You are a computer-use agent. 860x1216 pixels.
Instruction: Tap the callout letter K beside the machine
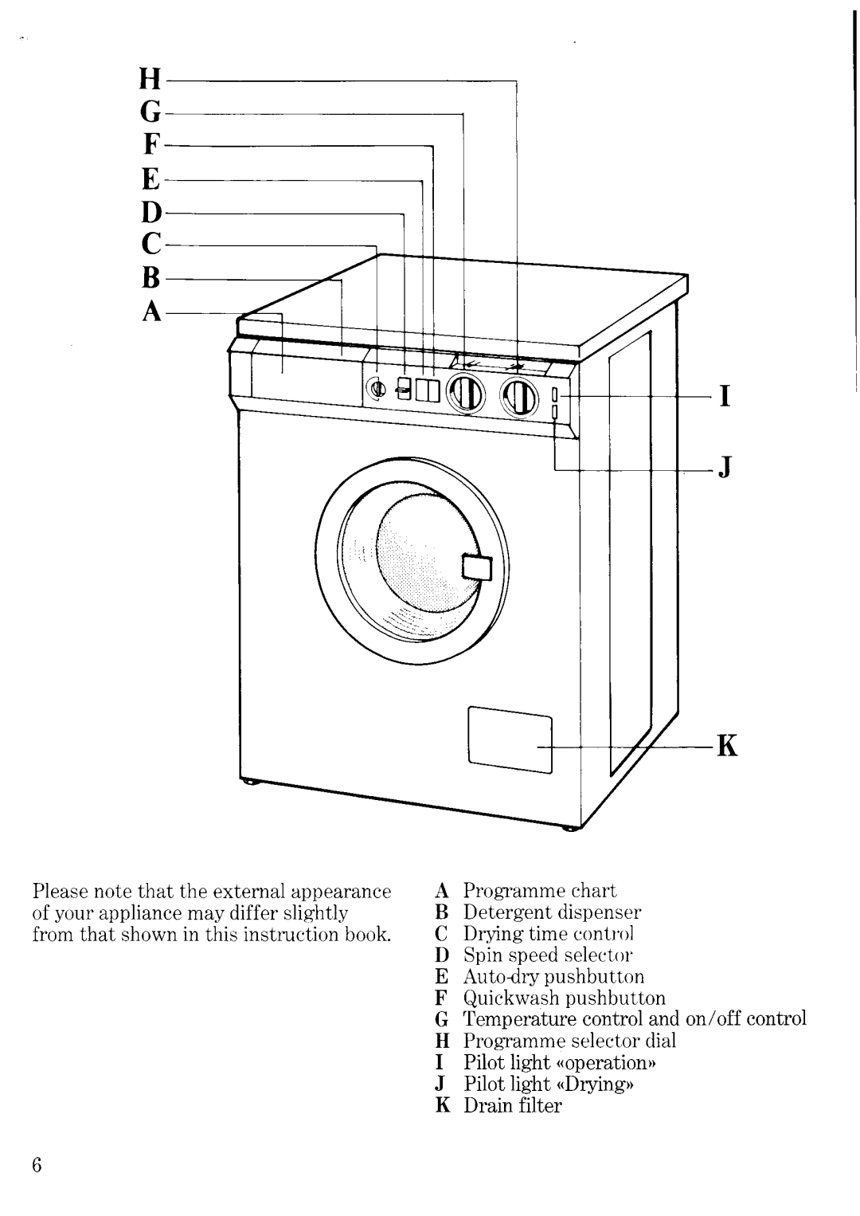(x=728, y=748)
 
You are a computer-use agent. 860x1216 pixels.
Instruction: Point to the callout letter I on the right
(x=725, y=396)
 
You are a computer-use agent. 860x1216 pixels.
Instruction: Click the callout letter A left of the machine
(x=153, y=313)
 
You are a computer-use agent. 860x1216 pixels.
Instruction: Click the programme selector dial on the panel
(x=518, y=396)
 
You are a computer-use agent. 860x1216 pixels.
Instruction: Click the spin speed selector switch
(x=404, y=388)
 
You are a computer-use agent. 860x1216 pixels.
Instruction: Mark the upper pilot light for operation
(x=554, y=394)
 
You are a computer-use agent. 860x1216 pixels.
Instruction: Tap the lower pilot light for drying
(x=554, y=411)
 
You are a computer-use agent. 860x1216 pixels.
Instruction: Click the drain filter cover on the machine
(x=510, y=739)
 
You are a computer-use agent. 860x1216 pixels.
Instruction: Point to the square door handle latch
(x=478, y=567)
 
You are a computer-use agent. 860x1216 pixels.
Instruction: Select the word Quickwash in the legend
(x=500, y=998)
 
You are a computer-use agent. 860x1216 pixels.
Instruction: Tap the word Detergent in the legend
(x=501, y=912)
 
